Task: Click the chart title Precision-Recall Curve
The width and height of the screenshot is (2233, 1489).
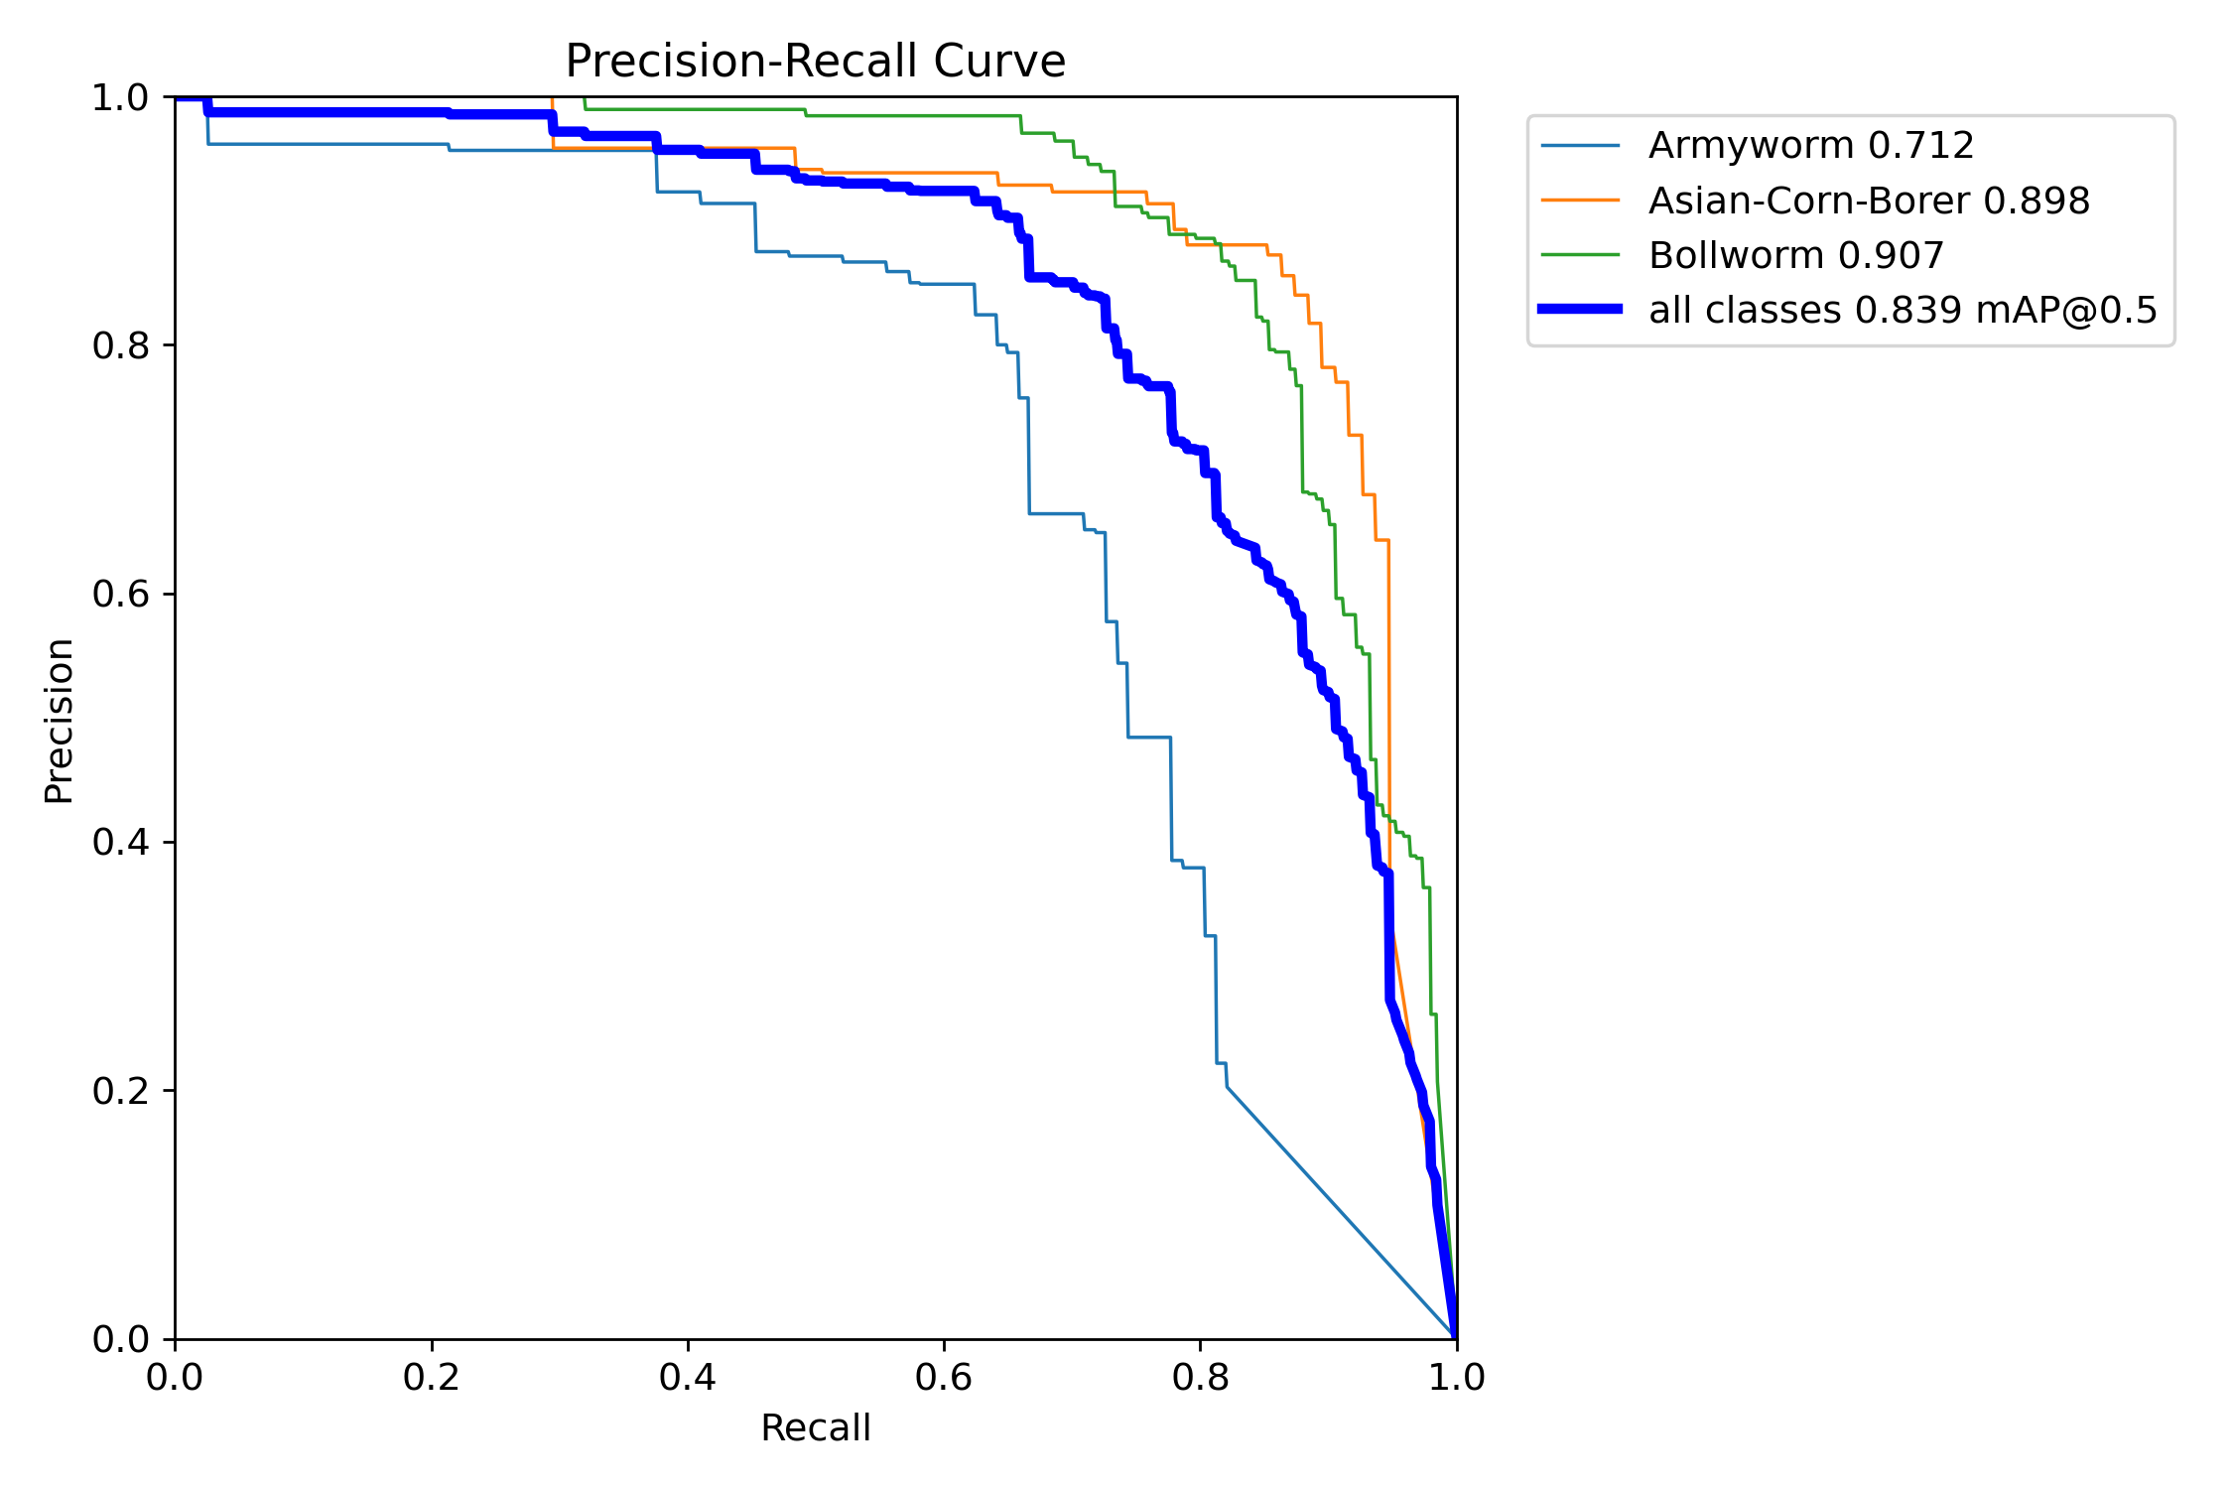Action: coord(815,62)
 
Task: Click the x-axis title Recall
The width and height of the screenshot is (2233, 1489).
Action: coord(815,1428)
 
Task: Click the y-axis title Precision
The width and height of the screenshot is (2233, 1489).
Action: coord(59,721)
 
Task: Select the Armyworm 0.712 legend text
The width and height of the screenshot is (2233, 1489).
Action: coord(1810,146)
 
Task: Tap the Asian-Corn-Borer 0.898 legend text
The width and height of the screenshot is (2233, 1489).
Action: coord(1869,202)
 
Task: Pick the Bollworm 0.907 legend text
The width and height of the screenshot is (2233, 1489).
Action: coord(1795,256)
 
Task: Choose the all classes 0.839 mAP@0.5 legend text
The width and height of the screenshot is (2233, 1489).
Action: coord(1903,311)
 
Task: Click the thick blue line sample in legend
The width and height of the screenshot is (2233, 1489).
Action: coord(1580,310)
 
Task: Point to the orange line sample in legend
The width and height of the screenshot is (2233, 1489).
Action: coord(1580,201)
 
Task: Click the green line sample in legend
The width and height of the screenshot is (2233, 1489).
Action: coord(1580,255)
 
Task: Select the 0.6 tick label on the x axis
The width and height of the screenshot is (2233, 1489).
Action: coord(944,1378)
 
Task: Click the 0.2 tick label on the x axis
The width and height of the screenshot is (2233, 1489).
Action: coord(432,1378)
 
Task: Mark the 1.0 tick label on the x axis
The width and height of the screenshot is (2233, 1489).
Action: coord(1456,1378)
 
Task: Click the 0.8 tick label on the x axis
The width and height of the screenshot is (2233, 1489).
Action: coord(1200,1378)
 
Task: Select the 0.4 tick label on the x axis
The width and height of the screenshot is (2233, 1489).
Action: coord(688,1378)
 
